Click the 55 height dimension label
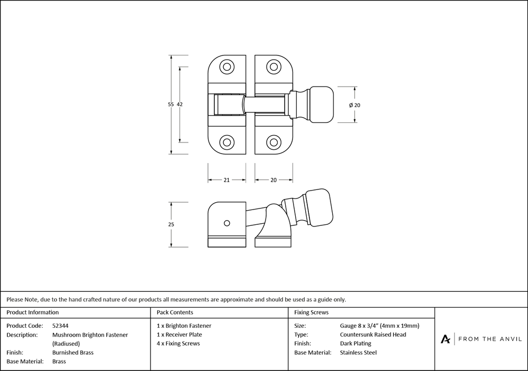(171, 104)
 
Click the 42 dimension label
(180, 104)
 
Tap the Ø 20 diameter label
(354, 105)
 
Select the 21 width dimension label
(226, 180)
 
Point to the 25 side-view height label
(171, 224)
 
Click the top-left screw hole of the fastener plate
(227, 67)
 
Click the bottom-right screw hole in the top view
(273, 142)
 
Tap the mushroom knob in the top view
(322, 104)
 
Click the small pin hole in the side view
(227, 222)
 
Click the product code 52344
(61, 326)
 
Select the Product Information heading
(33, 312)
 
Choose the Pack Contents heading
(175, 312)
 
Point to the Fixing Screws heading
(312, 312)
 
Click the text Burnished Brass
(73, 353)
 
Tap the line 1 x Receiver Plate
(180, 335)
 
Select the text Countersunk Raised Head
(373, 335)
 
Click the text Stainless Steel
(359, 353)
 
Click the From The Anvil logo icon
(446, 339)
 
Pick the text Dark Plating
(355, 344)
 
